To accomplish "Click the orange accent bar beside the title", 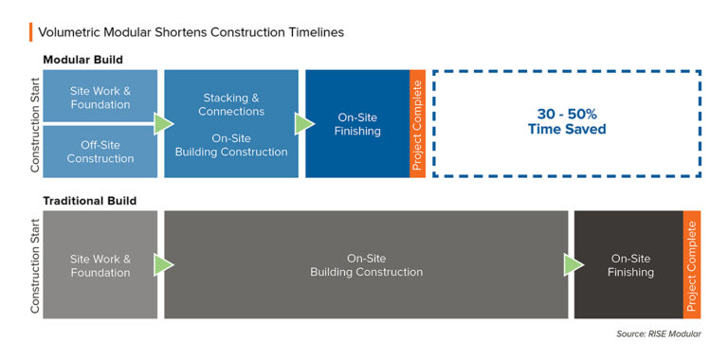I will (x=31, y=31).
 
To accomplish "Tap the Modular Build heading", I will (x=82, y=60).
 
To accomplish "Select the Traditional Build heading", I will (x=89, y=201).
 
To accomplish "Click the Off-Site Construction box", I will (x=100, y=152).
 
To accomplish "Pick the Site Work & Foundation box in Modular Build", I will (x=100, y=97).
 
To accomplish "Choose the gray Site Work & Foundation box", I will (x=100, y=265).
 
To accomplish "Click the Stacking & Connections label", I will (x=232, y=104).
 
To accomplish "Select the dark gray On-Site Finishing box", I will (x=630, y=265).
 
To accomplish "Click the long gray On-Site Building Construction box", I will (x=366, y=265).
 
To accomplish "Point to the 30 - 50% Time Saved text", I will (x=567, y=123).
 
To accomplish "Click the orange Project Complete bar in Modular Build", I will (x=417, y=124).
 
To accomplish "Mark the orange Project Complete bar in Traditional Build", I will (x=691, y=265).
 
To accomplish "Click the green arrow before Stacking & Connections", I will (x=164, y=124).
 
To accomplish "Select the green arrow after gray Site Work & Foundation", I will (x=164, y=265).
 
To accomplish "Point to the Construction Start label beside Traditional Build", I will (x=35, y=265).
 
